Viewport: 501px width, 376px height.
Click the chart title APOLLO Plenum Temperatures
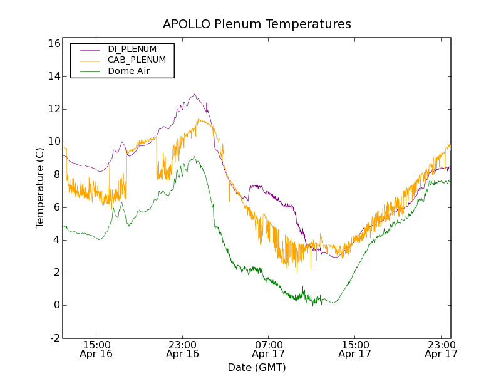[257, 24]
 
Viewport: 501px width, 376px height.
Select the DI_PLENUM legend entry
[132, 49]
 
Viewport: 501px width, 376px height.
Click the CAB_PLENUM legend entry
[137, 60]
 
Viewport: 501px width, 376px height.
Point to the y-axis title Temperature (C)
[40, 188]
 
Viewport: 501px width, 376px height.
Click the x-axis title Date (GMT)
[257, 367]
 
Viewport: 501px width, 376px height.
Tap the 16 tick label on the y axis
[53, 44]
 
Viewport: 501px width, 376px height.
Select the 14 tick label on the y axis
[53, 76]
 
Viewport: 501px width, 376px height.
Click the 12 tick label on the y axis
[53, 109]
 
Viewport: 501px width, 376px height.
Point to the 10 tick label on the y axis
[53, 142]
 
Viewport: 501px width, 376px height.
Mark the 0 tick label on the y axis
[56, 305]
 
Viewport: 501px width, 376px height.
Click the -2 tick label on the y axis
[54, 338]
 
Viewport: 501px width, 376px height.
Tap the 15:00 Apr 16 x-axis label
[96, 349]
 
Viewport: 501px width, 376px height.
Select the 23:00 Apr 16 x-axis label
[182, 349]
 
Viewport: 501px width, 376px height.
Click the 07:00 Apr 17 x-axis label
[269, 349]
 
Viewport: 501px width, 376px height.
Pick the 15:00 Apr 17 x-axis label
[354, 349]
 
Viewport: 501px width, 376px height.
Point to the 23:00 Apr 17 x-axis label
[440, 349]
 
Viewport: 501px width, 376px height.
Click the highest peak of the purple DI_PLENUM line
[195, 94]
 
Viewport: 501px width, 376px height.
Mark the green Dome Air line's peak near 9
[194, 157]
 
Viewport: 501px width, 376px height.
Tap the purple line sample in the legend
[90, 50]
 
